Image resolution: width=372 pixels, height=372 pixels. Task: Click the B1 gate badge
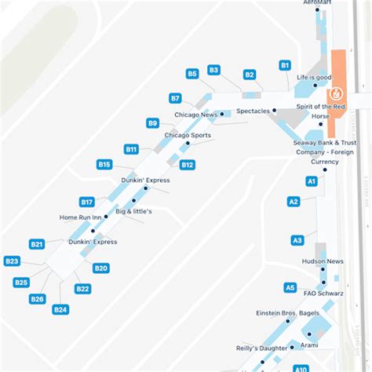pyautogui.click(x=285, y=65)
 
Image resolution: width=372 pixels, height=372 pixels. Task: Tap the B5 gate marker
pyautogui.click(x=192, y=74)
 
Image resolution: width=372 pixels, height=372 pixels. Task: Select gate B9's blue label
pyautogui.click(x=153, y=123)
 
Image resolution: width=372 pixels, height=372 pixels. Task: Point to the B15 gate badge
pyautogui.click(x=104, y=164)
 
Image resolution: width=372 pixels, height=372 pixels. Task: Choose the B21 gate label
pyautogui.click(x=37, y=244)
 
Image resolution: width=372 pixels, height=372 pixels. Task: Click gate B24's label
pyautogui.click(x=60, y=310)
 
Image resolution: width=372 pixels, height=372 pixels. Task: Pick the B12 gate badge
pyautogui.click(x=188, y=165)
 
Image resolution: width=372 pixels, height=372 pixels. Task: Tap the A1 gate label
pyautogui.click(x=312, y=181)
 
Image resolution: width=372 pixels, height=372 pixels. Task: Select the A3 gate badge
pyautogui.click(x=297, y=240)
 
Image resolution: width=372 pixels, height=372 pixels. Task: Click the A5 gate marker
pyautogui.click(x=290, y=288)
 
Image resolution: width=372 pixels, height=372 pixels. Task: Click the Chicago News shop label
pyautogui.click(x=195, y=115)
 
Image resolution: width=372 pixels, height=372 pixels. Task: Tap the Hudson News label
pyautogui.click(x=323, y=261)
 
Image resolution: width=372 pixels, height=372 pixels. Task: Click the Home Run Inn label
pyautogui.click(x=81, y=217)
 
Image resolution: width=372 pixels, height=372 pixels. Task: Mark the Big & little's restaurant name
pyautogui.click(x=133, y=211)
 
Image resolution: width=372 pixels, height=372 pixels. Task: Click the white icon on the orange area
pyautogui.click(x=338, y=85)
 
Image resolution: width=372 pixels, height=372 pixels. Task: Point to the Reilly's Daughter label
pyautogui.click(x=261, y=348)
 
